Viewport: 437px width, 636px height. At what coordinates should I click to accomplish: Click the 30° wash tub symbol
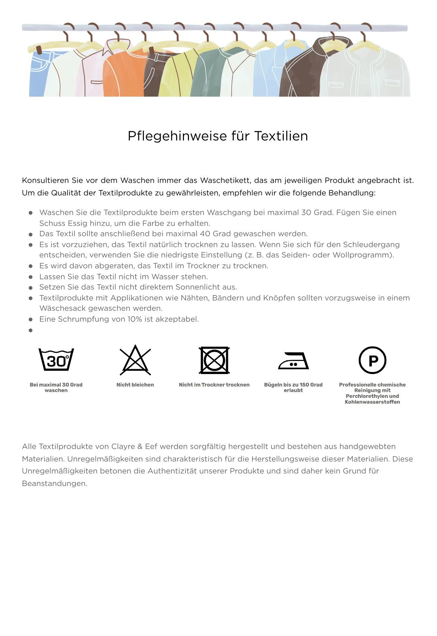pyautogui.click(x=56, y=359)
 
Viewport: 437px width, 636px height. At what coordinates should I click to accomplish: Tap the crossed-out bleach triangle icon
pyautogui.click(x=135, y=360)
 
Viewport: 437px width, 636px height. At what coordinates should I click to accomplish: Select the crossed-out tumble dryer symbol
pyautogui.click(x=214, y=360)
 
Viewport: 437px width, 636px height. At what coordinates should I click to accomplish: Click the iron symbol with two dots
pyautogui.click(x=293, y=361)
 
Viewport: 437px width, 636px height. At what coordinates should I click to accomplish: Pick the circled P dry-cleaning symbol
pyautogui.click(x=372, y=360)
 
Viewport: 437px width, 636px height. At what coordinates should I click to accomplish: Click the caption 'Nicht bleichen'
pyautogui.click(x=135, y=385)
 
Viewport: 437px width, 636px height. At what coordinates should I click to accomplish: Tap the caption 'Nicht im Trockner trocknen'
pyautogui.click(x=214, y=385)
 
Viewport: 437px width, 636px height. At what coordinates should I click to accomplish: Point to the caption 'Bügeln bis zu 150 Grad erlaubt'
pyautogui.click(x=293, y=388)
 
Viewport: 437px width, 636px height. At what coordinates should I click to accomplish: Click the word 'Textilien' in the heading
pyautogui.click(x=281, y=136)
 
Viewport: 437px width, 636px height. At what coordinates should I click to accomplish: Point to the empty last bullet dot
pyautogui.click(x=30, y=330)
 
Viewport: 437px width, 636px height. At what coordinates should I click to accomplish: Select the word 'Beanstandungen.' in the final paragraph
pyautogui.click(x=55, y=484)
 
